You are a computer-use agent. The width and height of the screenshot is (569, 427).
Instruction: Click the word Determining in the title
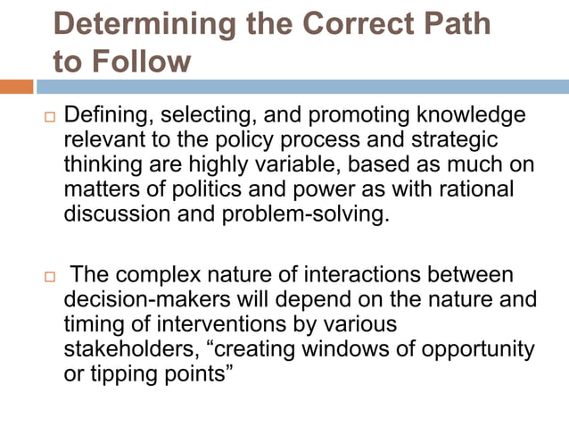pos(142,24)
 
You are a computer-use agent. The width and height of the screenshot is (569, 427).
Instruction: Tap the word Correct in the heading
pos(359,24)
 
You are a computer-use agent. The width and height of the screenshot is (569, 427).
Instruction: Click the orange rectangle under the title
pos(17,87)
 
